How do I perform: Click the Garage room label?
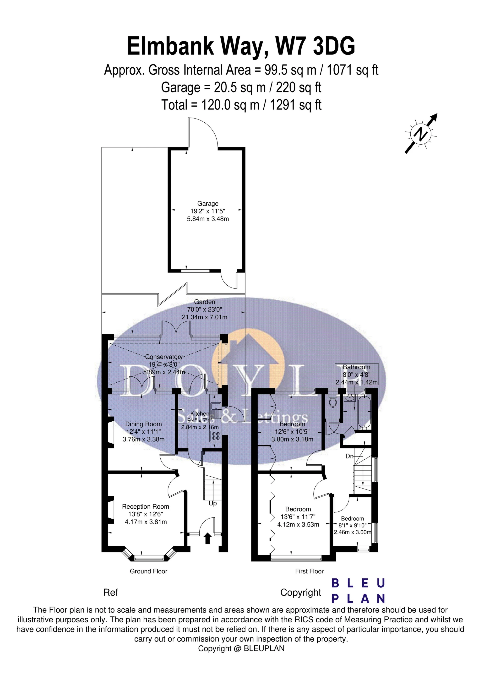pos(208,203)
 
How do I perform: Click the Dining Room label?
pos(144,424)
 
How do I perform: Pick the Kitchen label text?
pos(200,413)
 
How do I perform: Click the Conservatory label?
pos(164,357)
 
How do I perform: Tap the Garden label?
pos(205,302)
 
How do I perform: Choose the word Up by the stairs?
pos(213,503)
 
